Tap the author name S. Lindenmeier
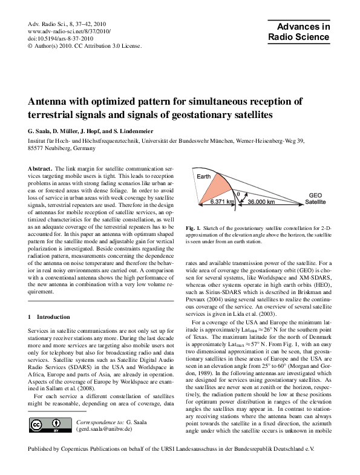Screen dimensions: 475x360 pos(145,131)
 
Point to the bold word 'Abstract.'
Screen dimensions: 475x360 pos(40,167)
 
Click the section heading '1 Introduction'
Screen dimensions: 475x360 pos(51,317)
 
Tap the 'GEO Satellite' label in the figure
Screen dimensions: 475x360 pos(315,199)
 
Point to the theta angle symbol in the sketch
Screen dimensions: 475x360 pos(238,194)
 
